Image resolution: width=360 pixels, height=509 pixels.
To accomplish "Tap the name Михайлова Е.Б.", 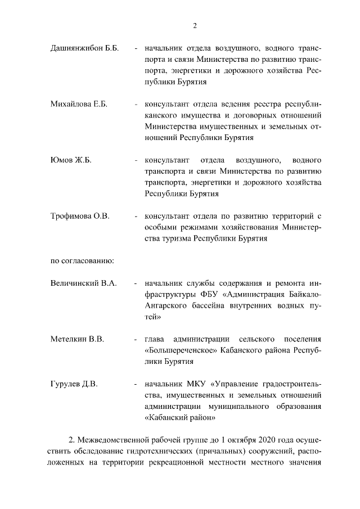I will pos(79,104).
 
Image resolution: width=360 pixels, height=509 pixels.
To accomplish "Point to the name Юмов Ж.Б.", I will pos(71,160).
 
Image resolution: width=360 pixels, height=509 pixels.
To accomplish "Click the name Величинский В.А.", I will pos(84,283).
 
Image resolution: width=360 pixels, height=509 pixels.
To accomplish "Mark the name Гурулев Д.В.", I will pos(74,384).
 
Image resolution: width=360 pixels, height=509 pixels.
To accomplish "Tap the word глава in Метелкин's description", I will pos(155,339).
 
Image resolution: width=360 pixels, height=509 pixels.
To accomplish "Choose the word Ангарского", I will pos(165,305).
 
